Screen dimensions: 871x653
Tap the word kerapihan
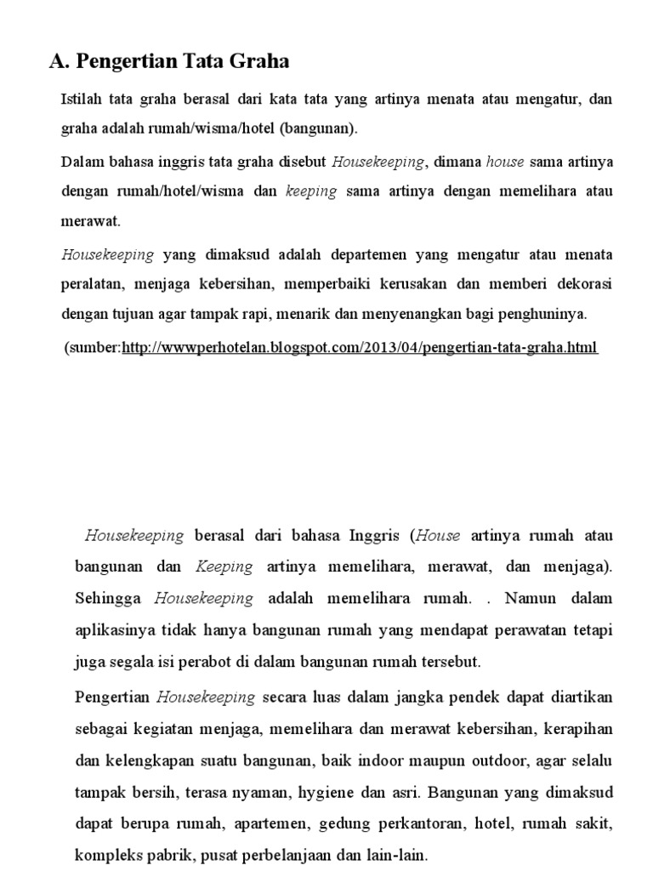pyautogui.click(x=575, y=729)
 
